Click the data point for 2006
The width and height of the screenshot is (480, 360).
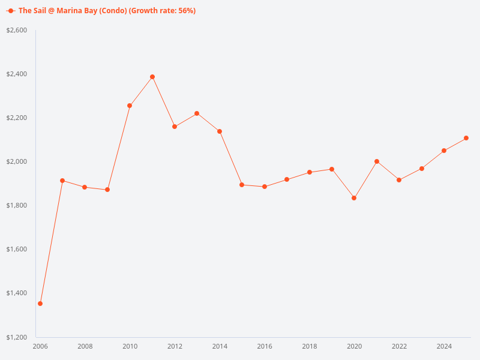[x=40, y=304]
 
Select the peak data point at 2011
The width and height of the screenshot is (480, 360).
[x=152, y=77]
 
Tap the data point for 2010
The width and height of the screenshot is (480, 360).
[x=130, y=106]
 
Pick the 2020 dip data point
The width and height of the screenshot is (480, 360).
[x=354, y=198]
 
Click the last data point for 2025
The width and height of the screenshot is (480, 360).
[x=466, y=138]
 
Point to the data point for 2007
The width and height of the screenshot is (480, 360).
[x=62, y=181]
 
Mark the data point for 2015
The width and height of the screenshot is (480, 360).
[x=242, y=185]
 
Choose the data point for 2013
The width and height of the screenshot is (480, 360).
[x=197, y=113]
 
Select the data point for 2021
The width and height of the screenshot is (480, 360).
[x=377, y=161]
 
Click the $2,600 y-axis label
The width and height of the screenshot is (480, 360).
[x=17, y=30]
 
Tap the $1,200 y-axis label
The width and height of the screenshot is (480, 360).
[x=17, y=337]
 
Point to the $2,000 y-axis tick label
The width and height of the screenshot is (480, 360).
[x=17, y=161]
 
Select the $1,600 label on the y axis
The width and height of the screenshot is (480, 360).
[x=17, y=249]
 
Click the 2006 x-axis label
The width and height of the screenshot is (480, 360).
[x=40, y=346]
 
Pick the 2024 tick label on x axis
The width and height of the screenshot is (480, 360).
[x=444, y=346]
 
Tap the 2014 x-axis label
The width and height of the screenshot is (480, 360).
[x=220, y=346]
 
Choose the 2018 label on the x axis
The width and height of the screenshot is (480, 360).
[x=310, y=346]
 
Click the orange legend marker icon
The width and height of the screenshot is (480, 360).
[x=11, y=11]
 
